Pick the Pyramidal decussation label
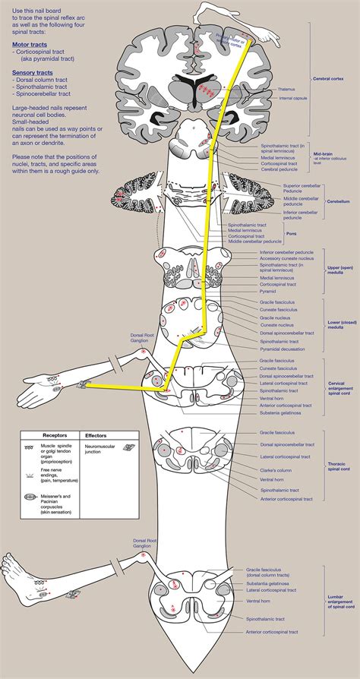[x=283, y=350]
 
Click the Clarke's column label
[x=273, y=471]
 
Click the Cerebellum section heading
[x=337, y=202]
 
